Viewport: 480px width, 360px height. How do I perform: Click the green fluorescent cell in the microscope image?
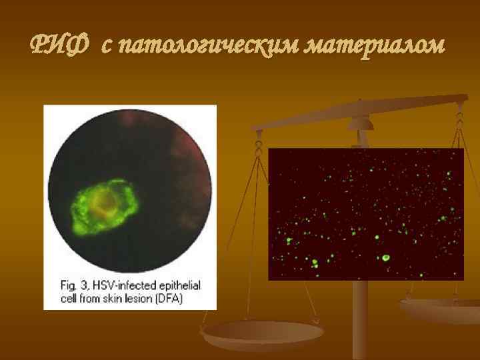pyautogui.click(x=103, y=207)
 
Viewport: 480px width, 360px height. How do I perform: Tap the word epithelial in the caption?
pyautogui.click(x=177, y=285)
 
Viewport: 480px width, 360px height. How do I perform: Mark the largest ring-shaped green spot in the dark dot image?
pyautogui.click(x=385, y=257)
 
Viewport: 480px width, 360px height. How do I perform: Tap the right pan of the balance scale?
pyautogui.click(x=440, y=308)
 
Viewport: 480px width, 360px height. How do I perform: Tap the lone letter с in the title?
pyautogui.click(x=107, y=47)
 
